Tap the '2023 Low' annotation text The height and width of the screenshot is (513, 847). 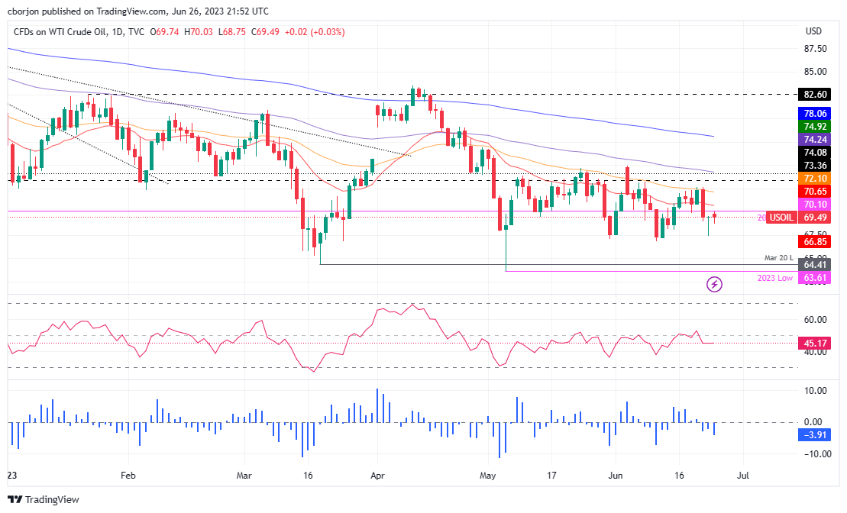pyautogui.click(x=776, y=278)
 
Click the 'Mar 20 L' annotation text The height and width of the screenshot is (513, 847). pyautogui.click(x=780, y=258)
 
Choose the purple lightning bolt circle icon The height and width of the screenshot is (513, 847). pyautogui.click(x=714, y=285)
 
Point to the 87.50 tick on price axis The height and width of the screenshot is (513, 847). pyautogui.click(x=816, y=48)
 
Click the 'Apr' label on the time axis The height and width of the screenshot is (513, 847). pyautogui.click(x=376, y=474)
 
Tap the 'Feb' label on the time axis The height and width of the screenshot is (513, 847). pyautogui.click(x=128, y=474)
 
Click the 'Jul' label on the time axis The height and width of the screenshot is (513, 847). pyautogui.click(x=742, y=474)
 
